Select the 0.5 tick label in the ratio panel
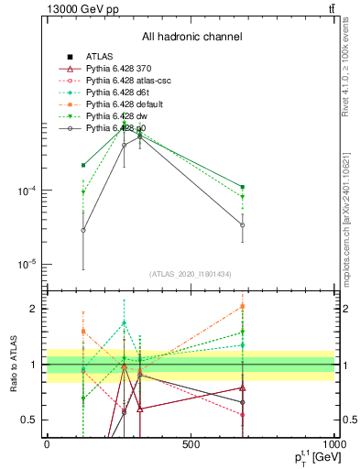[29, 420]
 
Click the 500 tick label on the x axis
[191, 444]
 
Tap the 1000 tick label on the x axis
[333, 444]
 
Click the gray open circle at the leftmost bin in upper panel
[83, 230]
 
